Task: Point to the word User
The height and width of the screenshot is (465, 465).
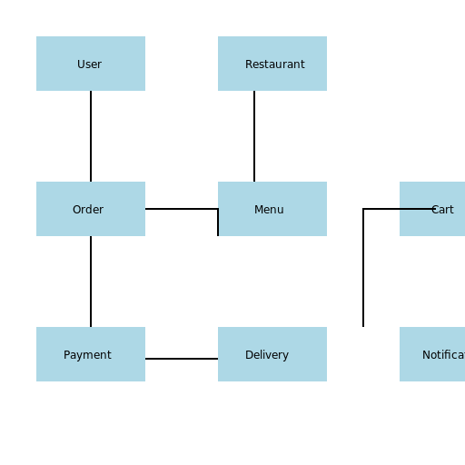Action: (x=89, y=64)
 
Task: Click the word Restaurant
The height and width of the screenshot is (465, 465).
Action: (x=275, y=64)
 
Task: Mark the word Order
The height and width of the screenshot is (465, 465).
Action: (x=88, y=210)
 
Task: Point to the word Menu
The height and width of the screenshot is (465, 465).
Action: (x=269, y=210)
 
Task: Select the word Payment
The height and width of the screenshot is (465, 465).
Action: (x=87, y=355)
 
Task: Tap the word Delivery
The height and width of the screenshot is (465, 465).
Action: (x=267, y=355)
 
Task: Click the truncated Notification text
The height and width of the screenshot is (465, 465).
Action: (x=443, y=355)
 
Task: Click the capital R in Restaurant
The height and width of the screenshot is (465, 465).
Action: (x=249, y=64)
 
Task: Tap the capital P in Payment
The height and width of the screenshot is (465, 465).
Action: (x=67, y=355)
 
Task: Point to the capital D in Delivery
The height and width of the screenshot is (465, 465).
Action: (x=249, y=355)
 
